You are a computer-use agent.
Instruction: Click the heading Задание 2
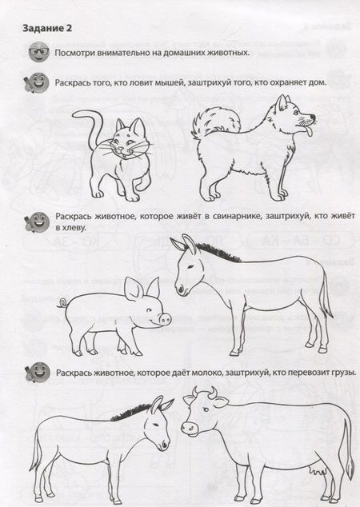(47, 29)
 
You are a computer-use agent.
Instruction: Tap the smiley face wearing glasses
(39, 51)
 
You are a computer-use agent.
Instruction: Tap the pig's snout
(166, 320)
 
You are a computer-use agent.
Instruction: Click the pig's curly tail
(62, 303)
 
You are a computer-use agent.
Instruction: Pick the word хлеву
(74, 228)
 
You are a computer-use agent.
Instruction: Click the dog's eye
(294, 112)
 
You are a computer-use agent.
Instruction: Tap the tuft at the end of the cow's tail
(350, 466)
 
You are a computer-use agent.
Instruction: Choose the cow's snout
(190, 428)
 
